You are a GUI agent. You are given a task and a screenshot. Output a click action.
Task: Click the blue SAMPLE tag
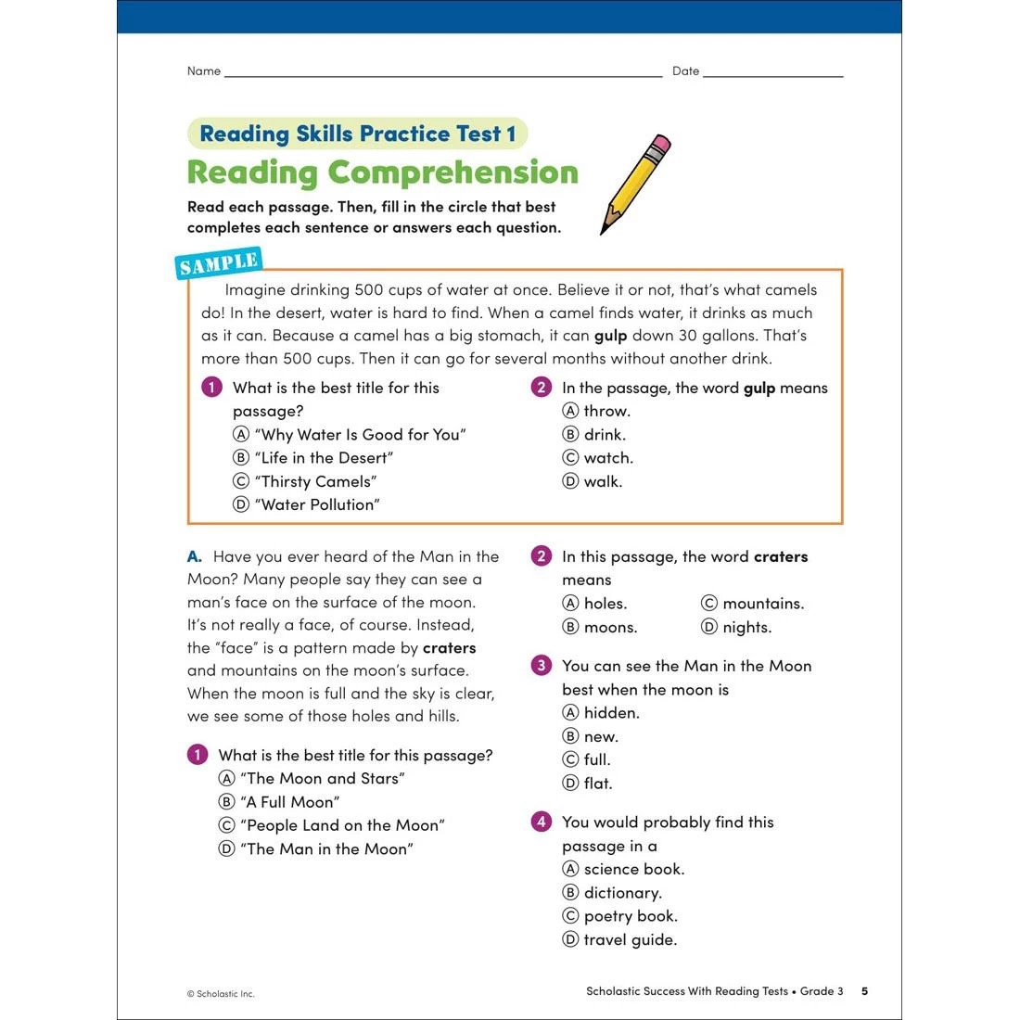[219, 263]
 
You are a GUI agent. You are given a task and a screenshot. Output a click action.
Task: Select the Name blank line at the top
[443, 73]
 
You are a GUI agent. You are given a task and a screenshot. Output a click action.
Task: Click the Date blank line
[772, 73]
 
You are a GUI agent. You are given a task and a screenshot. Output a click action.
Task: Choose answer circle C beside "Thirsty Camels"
[241, 481]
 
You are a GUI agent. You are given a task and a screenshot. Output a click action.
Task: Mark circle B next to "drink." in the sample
[570, 434]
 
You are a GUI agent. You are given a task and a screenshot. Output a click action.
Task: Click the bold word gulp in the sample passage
[610, 336]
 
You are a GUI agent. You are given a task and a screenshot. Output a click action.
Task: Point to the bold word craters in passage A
[449, 648]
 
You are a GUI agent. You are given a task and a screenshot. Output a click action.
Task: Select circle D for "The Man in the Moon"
[226, 848]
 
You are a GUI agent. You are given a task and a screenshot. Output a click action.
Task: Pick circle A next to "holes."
[570, 604]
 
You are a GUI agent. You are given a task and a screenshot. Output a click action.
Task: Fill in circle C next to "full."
[570, 759]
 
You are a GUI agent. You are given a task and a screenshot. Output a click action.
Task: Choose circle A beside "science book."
[570, 869]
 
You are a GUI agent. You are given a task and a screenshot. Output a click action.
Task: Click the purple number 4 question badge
[542, 822]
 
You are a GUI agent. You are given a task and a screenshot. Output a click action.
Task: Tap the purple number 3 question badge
[542, 666]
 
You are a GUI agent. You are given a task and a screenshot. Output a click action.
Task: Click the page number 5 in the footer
[864, 991]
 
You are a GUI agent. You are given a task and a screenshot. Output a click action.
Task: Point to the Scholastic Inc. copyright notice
[221, 994]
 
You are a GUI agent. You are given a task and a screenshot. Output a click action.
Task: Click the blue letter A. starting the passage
[195, 556]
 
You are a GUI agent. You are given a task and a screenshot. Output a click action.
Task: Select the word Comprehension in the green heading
[453, 172]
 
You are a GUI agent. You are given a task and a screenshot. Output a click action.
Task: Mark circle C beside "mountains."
[709, 604]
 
